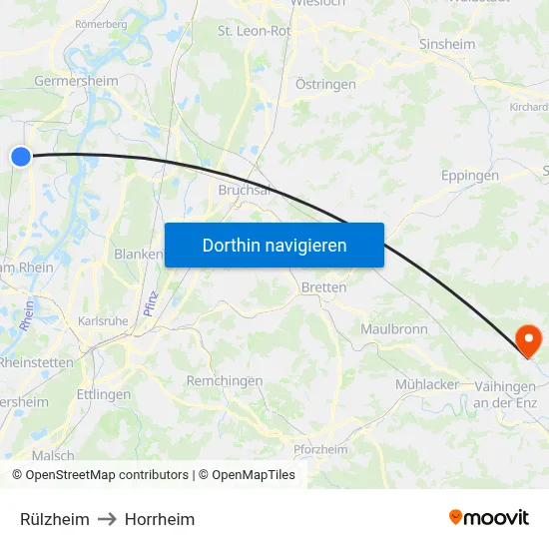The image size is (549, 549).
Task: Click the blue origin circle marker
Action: point(21,156)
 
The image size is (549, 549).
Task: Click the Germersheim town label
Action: point(76,81)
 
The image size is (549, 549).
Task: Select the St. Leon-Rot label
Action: point(255,31)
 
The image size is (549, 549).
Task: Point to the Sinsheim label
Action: point(446,45)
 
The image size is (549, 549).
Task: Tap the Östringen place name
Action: point(325,84)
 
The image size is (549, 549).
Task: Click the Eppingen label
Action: point(469,176)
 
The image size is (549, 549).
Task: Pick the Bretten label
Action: point(323,287)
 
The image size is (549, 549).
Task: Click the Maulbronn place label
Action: point(394,328)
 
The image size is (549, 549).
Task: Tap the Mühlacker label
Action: point(427,384)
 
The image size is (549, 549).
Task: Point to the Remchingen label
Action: point(225,380)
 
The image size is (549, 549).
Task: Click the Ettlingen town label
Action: point(104,394)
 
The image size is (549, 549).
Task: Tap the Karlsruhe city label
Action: point(103,322)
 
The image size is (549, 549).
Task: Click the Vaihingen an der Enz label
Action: point(508,393)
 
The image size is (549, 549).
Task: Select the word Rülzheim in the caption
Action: point(55,519)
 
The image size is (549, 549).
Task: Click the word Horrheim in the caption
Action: point(160,519)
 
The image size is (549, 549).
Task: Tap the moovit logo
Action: point(489,517)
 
